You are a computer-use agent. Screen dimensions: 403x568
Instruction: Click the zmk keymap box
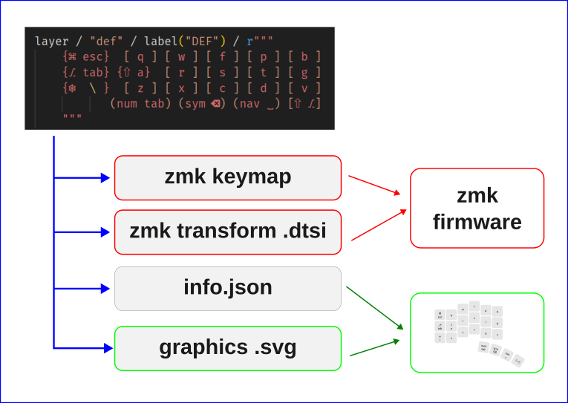pos(228,177)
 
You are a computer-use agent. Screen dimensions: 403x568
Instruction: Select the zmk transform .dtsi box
pos(228,232)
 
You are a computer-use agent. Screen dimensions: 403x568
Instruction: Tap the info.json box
pos(228,288)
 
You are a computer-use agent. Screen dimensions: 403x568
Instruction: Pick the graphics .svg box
pos(228,347)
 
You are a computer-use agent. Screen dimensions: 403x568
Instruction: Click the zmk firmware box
pos(477,208)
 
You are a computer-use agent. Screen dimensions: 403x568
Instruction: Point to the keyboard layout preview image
pos(477,332)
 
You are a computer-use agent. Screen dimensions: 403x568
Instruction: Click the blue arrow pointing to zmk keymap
pos(83,177)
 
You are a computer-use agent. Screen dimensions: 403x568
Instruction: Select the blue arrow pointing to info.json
pos(83,288)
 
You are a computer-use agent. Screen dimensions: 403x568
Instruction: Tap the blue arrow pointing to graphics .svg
pos(83,347)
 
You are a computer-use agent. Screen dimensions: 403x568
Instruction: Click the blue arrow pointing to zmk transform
pos(83,232)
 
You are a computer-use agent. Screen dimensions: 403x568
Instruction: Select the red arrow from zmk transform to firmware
pos(379,225)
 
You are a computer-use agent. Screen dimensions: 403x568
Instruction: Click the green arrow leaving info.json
pos(375,307)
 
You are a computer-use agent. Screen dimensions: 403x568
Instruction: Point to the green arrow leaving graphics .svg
pos(375,348)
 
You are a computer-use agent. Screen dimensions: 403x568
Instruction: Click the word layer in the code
pos(51,41)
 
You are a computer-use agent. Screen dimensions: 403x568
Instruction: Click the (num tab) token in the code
pos(140,103)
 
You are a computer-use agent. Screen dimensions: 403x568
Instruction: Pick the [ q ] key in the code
pos(140,56)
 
